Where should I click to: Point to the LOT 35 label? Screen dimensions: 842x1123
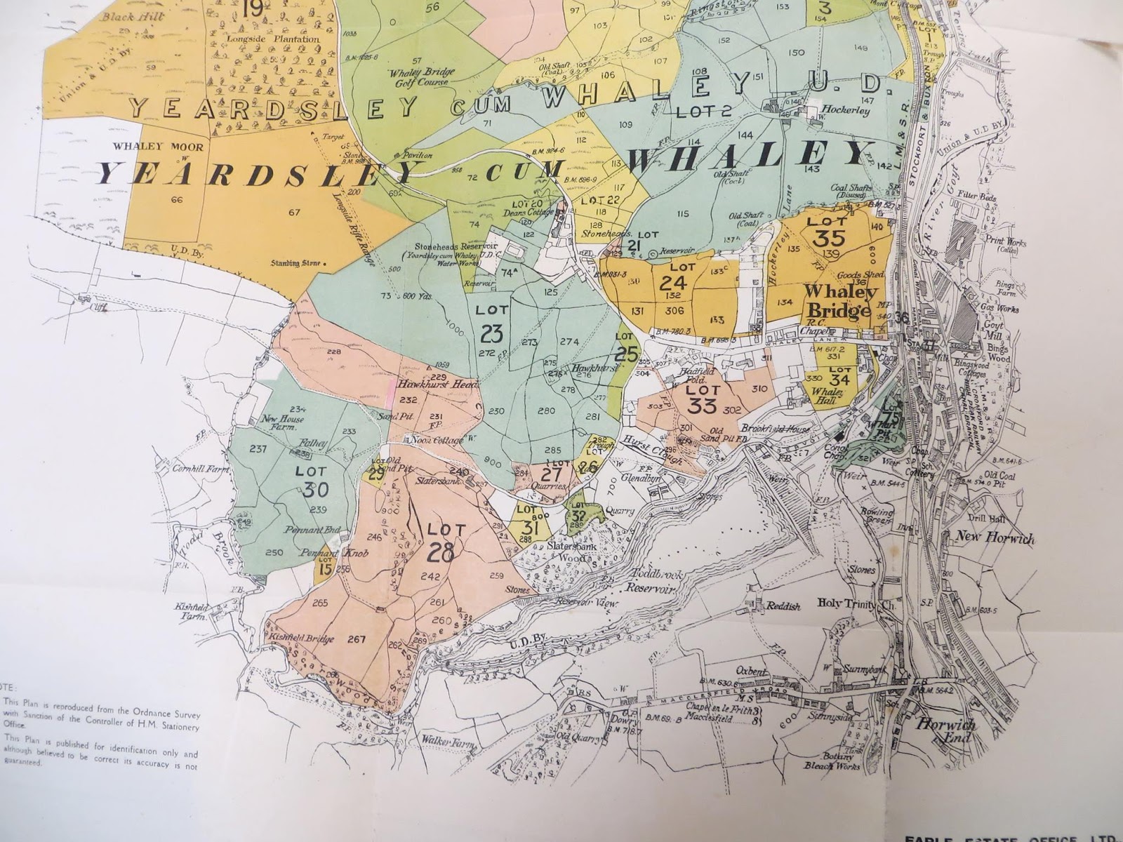pyautogui.click(x=823, y=230)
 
